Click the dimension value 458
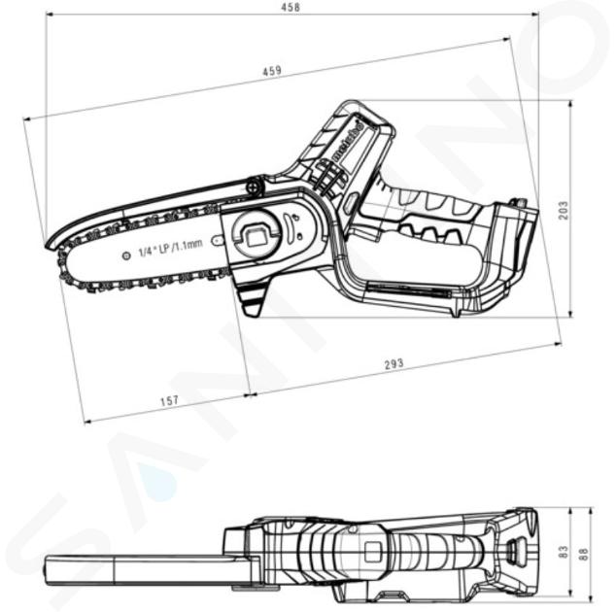[x=291, y=7]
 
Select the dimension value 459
[x=272, y=71]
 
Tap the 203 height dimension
[x=563, y=210]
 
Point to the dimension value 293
[x=394, y=363]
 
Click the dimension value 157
[x=169, y=400]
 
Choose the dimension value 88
[x=584, y=554]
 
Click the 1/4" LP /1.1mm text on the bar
[x=170, y=249]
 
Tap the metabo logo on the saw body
[x=348, y=141]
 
